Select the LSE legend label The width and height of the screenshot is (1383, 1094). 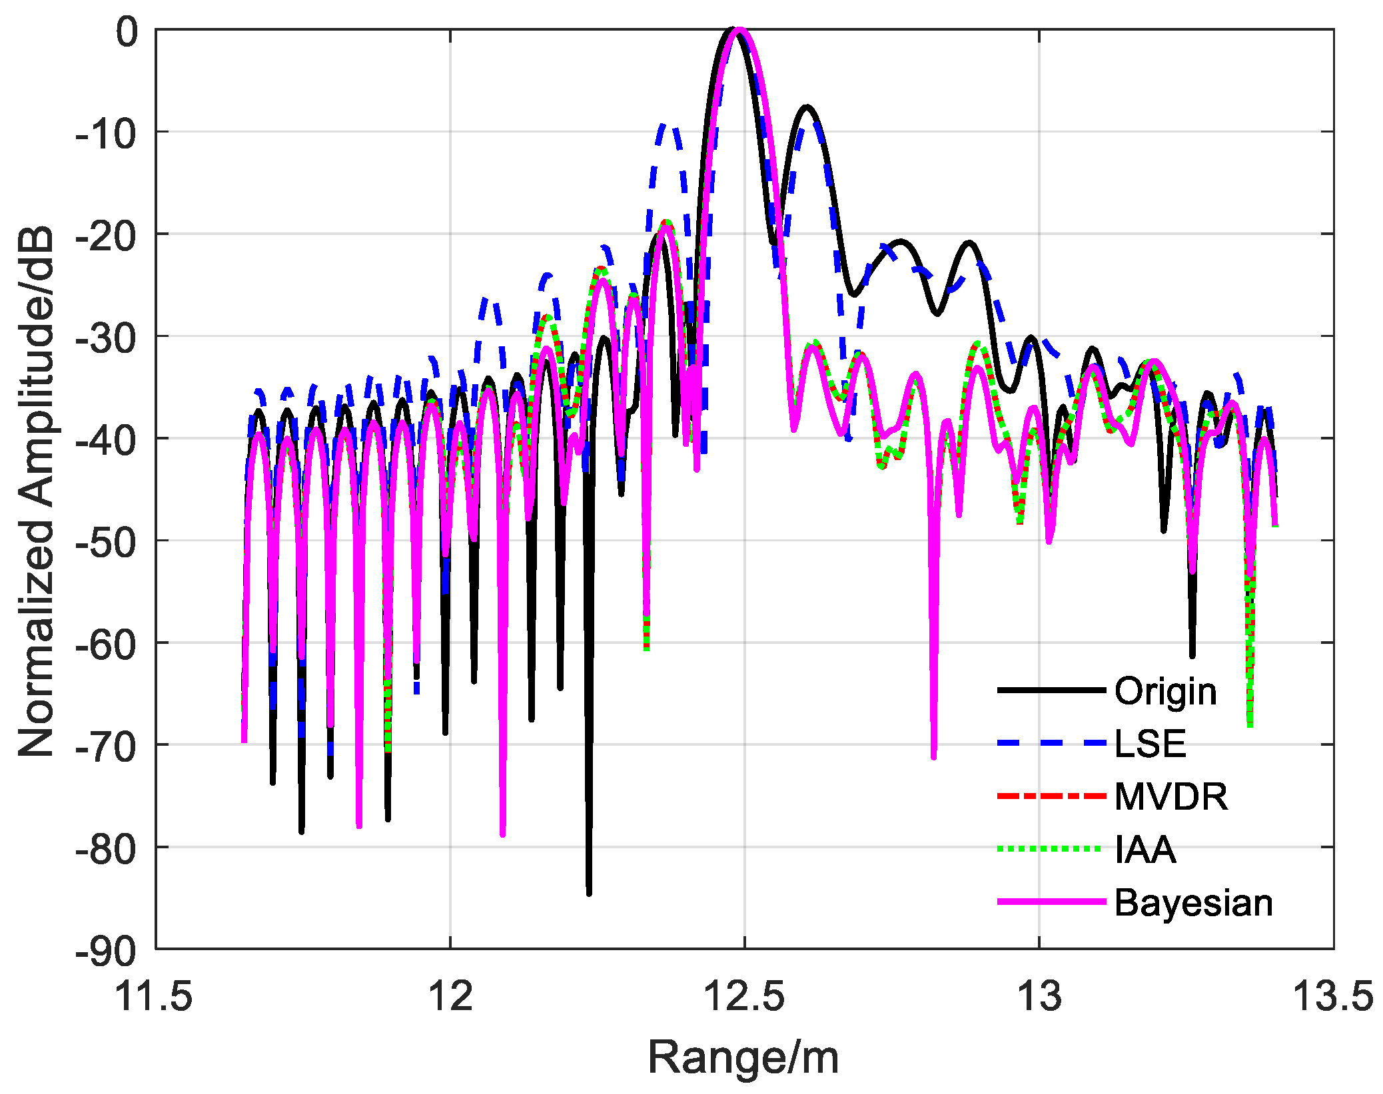[x=1151, y=743]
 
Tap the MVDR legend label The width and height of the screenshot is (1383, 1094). [x=1170, y=796]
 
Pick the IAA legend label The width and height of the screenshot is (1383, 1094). [x=1145, y=850]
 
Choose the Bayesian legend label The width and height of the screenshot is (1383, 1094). [x=1193, y=903]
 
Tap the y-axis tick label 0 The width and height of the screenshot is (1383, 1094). [x=127, y=31]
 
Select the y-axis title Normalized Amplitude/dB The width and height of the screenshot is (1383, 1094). [x=36, y=491]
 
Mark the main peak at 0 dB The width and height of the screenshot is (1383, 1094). [x=736, y=29]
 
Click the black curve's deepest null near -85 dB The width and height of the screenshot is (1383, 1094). [x=589, y=892]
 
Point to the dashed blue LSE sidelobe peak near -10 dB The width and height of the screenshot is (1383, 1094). [x=667, y=125]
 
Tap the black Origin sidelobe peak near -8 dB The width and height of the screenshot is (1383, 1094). [x=807, y=107]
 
